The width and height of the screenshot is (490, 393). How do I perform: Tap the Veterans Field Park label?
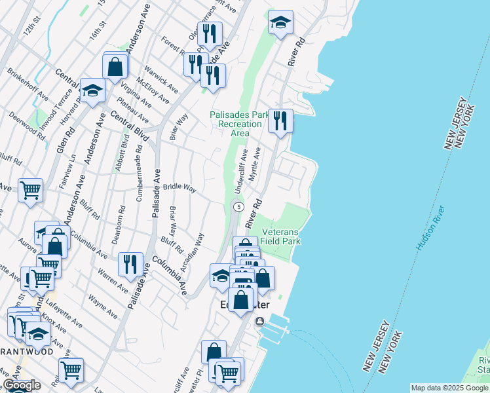coord(280,236)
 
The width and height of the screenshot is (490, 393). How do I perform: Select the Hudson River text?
coord(430,227)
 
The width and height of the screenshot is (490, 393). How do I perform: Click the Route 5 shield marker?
coord(238,207)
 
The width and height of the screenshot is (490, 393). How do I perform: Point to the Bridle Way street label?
coord(181,187)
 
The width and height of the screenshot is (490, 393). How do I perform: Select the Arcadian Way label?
coord(193,252)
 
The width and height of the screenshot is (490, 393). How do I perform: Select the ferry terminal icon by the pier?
coord(260,321)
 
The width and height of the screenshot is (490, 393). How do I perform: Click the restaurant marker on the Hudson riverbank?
coord(280,121)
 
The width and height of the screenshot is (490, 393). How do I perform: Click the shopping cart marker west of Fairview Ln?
coord(30,191)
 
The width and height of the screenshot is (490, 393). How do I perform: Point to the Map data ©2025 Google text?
coord(449,388)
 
